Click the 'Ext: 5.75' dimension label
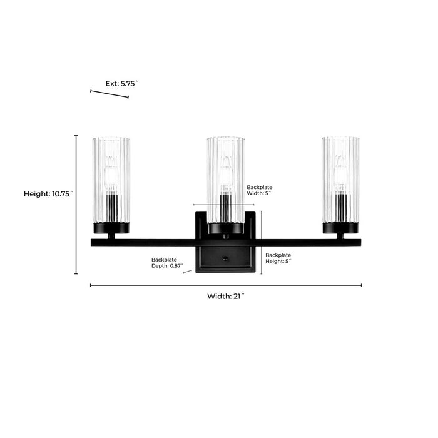pyautogui.click(x=122, y=83)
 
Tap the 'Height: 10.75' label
pyautogui.click(x=48, y=194)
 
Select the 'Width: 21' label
pyautogui.click(x=226, y=297)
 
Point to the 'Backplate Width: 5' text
pyautogui.click(x=260, y=190)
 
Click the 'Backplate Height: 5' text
pyautogui.click(x=278, y=258)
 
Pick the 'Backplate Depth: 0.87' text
pyautogui.click(x=167, y=263)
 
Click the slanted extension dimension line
pyautogui.click(x=109, y=94)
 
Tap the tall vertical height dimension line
pyautogui.click(x=76, y=205)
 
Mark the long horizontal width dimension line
pyautogui.click(x=226, y=285)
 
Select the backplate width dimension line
pyautogui.click(x=224, y=205)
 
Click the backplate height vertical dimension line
pyautogui.click(x=261, y=243)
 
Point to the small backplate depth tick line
pyautogui.click(x=187, y=271)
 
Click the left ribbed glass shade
pyautogui.click(x=111, y=180)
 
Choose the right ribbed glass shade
pyautogui.click(x=340, y=180)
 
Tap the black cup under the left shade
pyautogui.click(x=111, y=228)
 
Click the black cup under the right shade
pyautogui.click(x=340, y=228)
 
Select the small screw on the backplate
pyautogui.click(x=225, y=258)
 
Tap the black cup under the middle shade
pyautogui.click(x=226, y=228)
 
